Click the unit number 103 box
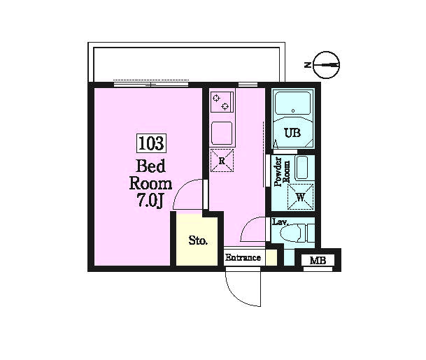[x=151, y=143]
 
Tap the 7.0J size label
[x=150, y=201]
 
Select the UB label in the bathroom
[x=292, y=133]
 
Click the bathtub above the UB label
[x=292, y=103]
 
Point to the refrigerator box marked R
[x=222, y=161]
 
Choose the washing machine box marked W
[x=300, y=197]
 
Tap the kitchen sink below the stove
[x=222, y=133]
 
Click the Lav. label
[x=280, y=222]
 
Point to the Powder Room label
[x=282, y=172]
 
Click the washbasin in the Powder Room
[x=302, y=168]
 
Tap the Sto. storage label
[x=199, y=240]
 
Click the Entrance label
[x=243, y=257]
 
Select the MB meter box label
[x=318, y=261]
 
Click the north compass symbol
[x=326, y=65]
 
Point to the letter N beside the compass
[x=308, y=65]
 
